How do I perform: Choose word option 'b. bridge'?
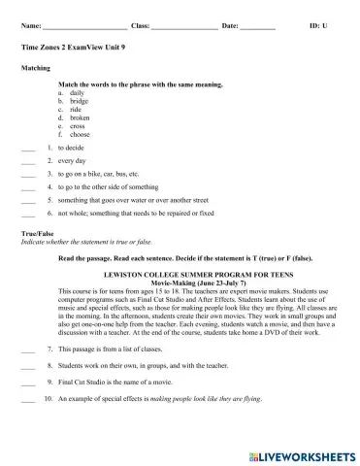pyautogui.click(x=73, y=101)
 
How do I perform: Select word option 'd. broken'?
pyautogui.click(x=74, y=118)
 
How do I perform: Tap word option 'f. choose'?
pyautogui.click(x=73, y=135)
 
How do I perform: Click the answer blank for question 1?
pyautogui.click(x=27, y=149)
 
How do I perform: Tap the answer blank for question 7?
pyautogui.click(x=27, y=348)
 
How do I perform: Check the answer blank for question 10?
pyautogui.click(x=27, y=399)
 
